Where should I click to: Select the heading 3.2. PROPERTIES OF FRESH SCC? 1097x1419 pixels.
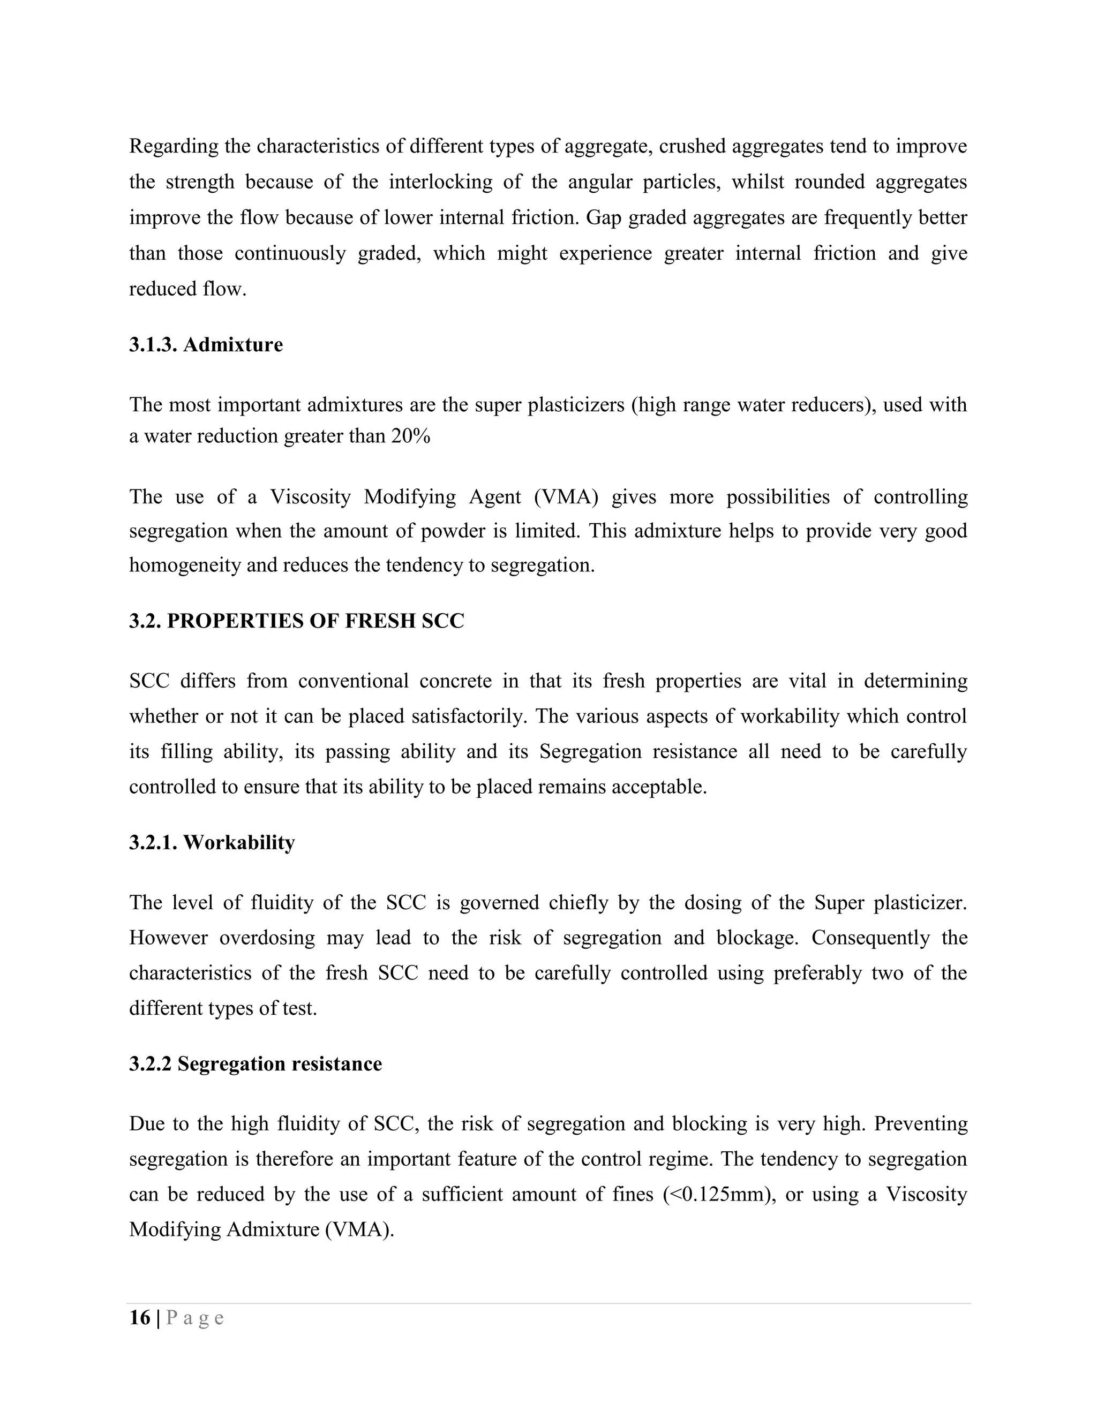pos(296,621)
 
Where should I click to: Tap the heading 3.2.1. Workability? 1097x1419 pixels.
pos(212,843)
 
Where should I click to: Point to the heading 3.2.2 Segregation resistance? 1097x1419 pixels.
pos(255,1065)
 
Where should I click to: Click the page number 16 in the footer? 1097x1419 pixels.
pos(140,1318)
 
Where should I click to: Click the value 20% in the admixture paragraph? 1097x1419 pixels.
pos(410,436)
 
